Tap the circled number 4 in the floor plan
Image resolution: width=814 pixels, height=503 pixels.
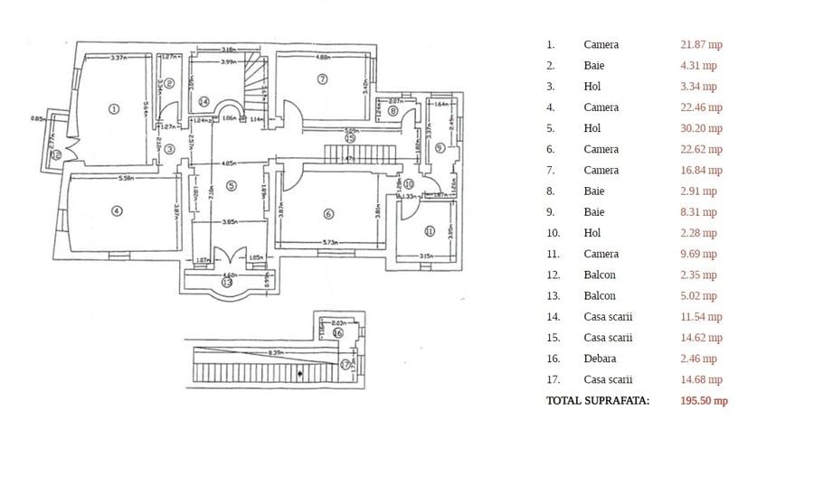click(116, 211)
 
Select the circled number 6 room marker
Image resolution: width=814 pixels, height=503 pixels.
click(328, 214)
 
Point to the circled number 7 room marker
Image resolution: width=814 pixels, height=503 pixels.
click(322, 79)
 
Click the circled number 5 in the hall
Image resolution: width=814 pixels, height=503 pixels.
click(231, 186)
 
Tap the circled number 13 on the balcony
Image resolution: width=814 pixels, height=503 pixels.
click(226, 283)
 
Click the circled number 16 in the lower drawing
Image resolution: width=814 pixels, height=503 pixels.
click(338, 333)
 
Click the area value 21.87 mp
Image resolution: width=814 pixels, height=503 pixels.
click(701, 44)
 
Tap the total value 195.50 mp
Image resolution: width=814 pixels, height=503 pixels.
click(704, 401)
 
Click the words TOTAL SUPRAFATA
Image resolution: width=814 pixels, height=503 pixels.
click(598, 401)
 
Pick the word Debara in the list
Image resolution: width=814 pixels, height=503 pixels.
click(600, 359)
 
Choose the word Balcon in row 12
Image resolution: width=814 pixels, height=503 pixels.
click(600, 275)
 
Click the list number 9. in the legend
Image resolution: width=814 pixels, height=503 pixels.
click(550, 212)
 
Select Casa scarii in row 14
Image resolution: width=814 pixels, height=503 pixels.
click(608, 317)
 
